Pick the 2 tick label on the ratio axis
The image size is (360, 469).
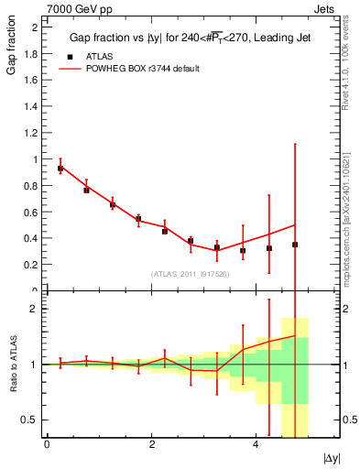point(38,309)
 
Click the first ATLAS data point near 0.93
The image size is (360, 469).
point(60,169)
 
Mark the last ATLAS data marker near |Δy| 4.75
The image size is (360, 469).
point(295,245)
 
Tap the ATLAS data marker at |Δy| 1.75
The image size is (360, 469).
point(138,219)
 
